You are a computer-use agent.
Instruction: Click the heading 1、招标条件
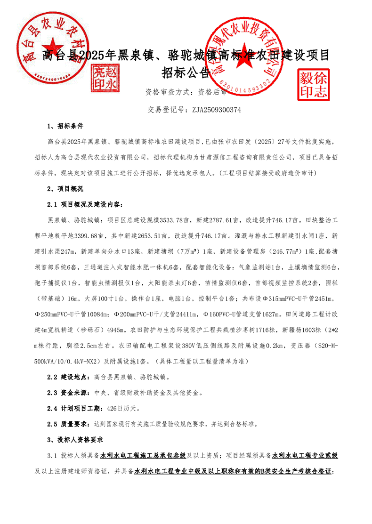pyautogui.click(x=65, y=126)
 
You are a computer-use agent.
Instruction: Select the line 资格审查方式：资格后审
pyautogui.click(x=186, y=92)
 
